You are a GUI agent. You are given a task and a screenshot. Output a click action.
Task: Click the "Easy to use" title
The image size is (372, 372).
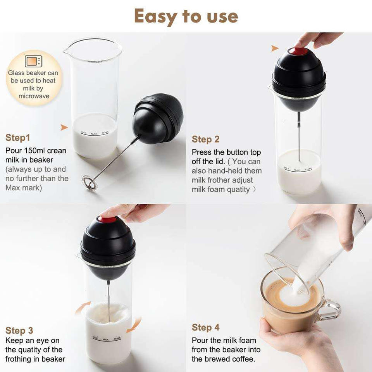186,17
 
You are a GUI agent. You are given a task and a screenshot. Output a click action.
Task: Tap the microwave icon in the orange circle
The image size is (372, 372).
33,61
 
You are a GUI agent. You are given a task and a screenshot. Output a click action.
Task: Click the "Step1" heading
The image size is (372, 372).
18,138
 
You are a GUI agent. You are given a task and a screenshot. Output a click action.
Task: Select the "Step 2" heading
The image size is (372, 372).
206,139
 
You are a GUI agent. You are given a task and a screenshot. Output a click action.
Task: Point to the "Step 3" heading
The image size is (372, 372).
19,331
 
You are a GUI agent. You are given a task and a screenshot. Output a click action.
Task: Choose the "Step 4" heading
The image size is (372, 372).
206,327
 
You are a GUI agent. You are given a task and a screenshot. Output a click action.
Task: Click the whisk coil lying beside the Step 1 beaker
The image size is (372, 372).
88,182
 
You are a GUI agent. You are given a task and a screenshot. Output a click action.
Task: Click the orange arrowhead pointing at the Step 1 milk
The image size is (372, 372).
64,127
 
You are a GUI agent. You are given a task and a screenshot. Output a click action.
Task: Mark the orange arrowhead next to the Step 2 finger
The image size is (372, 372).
275,48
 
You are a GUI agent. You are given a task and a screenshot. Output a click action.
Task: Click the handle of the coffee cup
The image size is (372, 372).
331,310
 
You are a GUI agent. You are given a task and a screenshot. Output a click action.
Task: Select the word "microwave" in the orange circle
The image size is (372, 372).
34,96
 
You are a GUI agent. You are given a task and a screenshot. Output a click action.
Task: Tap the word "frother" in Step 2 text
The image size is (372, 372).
218,180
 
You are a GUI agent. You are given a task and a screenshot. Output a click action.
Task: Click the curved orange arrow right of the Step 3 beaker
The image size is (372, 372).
134,325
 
